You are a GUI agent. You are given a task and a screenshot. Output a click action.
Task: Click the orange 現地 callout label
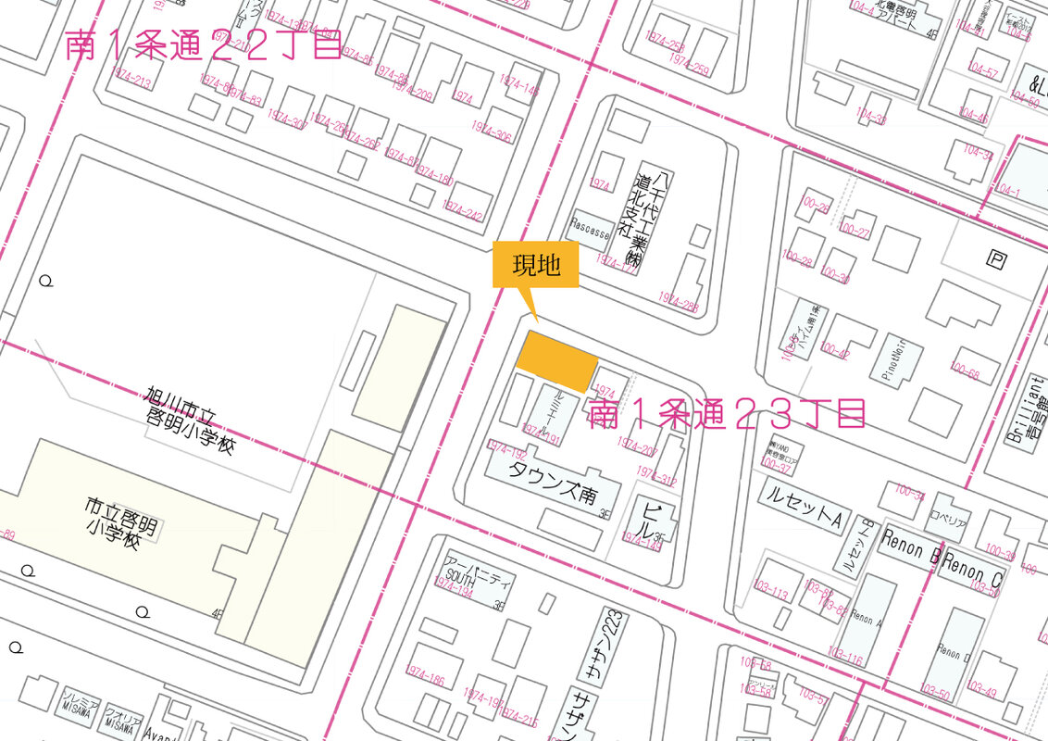pyautogui.click(x=536, y=266)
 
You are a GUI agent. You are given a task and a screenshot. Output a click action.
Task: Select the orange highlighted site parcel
pyautogui.click(x=555, y=361)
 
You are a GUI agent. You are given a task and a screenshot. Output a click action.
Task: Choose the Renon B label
pyautogui.click(x=911, y=547)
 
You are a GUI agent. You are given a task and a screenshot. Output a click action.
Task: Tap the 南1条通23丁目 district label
pyautogui.click(x=727, y=414)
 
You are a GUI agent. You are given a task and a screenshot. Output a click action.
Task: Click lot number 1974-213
pyautogui.click(x=129, y=82)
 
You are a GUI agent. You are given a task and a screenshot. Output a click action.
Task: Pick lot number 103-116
pyautogui.click(x=846, y=661)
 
